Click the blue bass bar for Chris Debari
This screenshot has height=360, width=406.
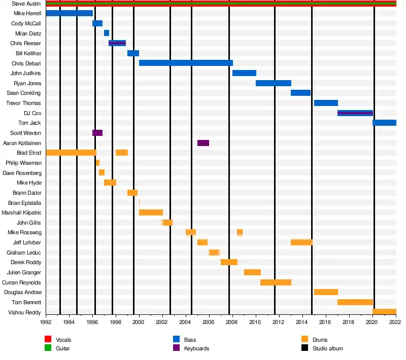pos(186,63)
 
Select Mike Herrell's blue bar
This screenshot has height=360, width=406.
pos(70,13)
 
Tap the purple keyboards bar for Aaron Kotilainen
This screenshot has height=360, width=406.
pos(203,143)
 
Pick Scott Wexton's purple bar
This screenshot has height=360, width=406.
pos(97,133)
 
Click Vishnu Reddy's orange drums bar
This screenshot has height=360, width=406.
pos(384,312)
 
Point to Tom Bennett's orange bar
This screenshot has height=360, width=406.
pos(355,302)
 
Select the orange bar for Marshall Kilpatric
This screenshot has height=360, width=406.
pos(151,212)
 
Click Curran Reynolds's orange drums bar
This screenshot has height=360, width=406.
pos(276,282)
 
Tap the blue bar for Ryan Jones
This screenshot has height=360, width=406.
pos(274,83)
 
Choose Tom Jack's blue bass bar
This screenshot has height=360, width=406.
pos(384,123)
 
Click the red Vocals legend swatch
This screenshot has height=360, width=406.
pos(48,340)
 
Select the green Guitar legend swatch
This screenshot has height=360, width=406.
pos(48,348)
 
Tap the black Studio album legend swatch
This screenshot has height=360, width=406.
pos(304,348)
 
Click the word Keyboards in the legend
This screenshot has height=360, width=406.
pos(196,348)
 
